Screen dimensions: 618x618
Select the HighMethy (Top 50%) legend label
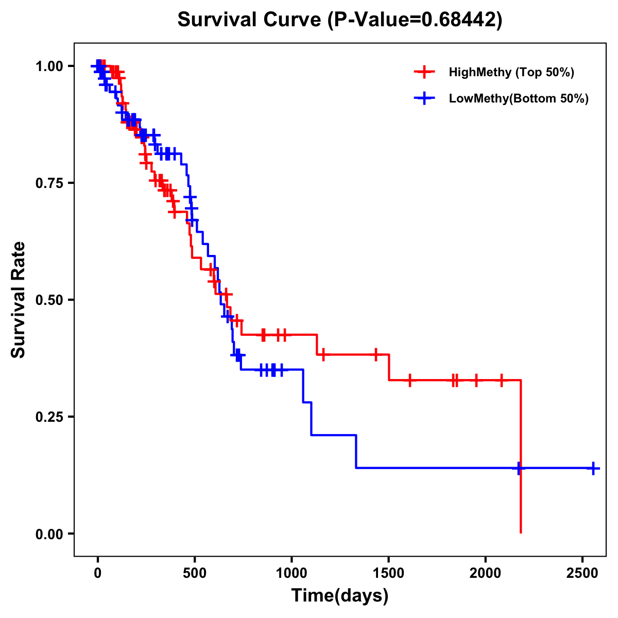point(511,72)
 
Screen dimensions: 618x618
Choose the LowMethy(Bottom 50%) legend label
point(518,98)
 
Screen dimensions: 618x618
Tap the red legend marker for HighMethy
point(424,72)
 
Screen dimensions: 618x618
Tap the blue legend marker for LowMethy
point(424,98)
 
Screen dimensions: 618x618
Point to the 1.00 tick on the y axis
point(49,66)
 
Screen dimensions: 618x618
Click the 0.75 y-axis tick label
point(49,183)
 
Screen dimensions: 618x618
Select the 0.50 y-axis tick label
point(49,300)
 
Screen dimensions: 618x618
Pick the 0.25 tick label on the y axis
point(49,417)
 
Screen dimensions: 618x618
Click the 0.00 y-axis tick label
point(49,534)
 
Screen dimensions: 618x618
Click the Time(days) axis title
point(340,596)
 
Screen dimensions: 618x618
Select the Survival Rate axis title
point(19,300)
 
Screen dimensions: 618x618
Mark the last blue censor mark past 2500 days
point(593,468)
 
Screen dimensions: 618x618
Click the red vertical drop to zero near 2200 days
point(521,500)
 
